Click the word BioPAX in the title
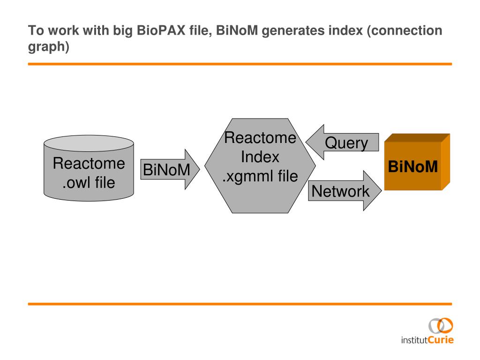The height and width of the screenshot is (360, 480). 161,30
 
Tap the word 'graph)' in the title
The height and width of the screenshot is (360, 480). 49,47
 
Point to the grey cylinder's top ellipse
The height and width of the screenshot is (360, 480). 89,143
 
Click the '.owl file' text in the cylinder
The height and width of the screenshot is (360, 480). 89,182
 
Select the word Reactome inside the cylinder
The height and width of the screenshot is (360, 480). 89,163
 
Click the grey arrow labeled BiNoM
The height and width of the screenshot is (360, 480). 170,169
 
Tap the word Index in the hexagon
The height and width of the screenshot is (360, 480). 260,157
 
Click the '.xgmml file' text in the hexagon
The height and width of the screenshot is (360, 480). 260,176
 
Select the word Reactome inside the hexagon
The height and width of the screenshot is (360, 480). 260,138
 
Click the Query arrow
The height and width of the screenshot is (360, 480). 342,142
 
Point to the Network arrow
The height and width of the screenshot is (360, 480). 345,191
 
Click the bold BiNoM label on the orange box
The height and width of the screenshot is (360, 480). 412,167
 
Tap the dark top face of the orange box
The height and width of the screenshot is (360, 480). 417,138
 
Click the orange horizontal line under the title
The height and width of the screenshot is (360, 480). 240,64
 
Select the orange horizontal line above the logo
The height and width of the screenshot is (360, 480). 240,304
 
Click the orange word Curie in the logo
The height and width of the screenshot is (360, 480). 441,340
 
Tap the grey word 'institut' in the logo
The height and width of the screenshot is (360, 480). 414,340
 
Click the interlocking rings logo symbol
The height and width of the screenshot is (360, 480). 441,326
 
